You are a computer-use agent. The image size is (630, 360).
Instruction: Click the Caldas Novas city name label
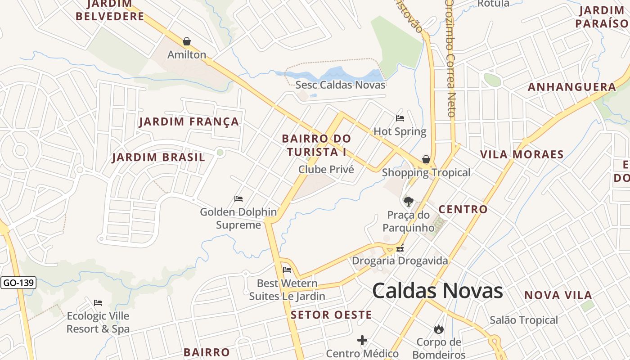437,291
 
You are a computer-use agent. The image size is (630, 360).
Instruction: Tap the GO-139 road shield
18,283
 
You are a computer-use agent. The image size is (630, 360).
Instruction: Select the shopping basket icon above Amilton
187,42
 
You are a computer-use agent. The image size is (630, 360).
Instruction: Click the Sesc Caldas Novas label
340,85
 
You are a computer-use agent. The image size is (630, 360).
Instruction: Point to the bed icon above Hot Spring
400,118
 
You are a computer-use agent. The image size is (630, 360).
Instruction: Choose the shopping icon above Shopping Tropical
426,159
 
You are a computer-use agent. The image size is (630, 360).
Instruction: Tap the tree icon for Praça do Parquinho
408,201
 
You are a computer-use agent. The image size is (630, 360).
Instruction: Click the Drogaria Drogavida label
400,261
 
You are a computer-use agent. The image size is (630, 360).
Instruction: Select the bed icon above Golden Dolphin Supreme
238,199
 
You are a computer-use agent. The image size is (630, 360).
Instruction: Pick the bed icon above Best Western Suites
287,270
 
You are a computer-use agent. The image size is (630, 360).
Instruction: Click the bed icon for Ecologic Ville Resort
98,303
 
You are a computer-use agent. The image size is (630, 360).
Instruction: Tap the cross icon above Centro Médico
362,340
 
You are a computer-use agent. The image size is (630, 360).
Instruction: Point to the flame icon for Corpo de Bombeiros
439,329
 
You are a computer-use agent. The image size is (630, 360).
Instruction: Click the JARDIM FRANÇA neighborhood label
189,121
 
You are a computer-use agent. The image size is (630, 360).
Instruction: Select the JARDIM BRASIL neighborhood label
158,157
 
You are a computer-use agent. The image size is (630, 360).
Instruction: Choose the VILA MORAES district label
522,155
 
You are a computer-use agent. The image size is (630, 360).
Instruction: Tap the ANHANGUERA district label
572,87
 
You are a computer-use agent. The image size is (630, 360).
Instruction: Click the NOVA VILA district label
558,296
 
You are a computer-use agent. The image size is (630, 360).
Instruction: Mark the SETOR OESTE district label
331,315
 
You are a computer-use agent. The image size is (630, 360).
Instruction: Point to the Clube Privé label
326,170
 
